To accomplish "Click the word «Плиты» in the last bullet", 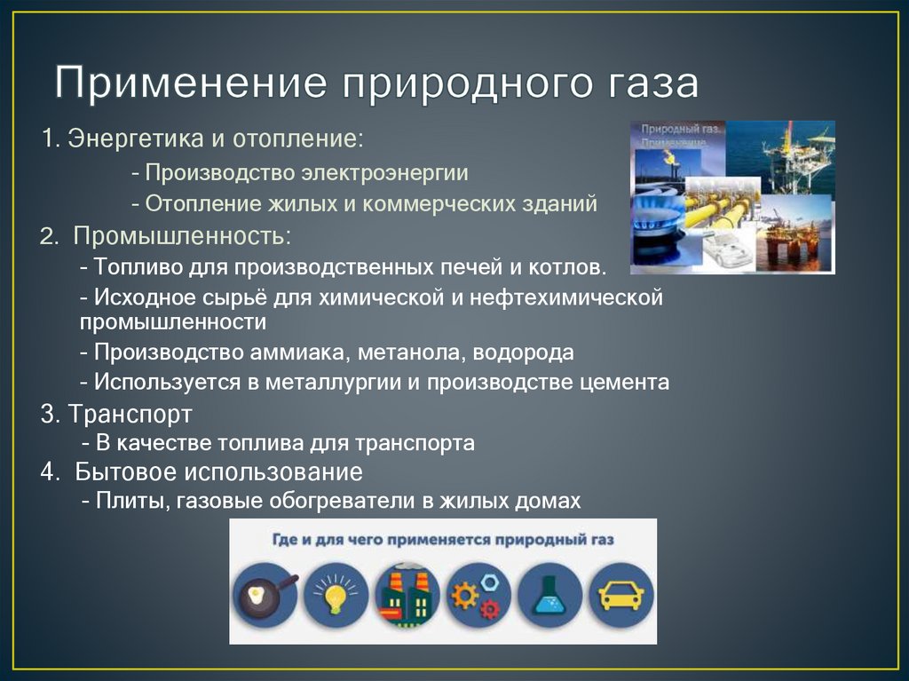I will pyautogui.click(x=132, y=501).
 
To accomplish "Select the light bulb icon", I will pyautogui.click(x=336, y=596).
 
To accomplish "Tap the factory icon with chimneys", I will pyautogui.click(x=407, y=596).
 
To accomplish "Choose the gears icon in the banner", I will pyautogui.click(x=478, y=596).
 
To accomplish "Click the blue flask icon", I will pyautogui.click(x=549, y=596).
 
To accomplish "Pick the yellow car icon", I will pyautogui.click(x=620, y=596).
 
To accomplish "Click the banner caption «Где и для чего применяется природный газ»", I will pyautogui.click(x=442, y=540).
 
